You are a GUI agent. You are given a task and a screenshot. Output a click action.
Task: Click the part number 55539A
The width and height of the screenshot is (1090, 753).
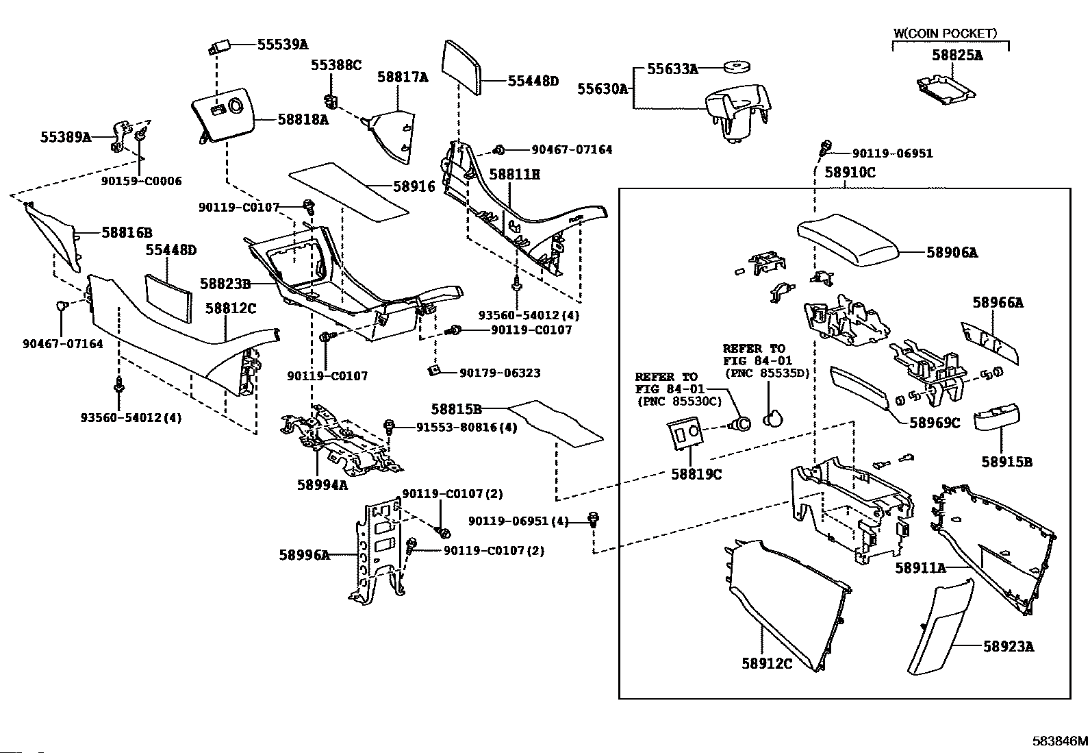click(282, 45)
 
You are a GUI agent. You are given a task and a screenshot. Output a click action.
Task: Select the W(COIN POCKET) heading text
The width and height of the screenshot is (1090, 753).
click(945, 33)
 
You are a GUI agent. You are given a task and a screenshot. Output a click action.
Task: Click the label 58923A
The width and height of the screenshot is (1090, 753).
click(1009, 645)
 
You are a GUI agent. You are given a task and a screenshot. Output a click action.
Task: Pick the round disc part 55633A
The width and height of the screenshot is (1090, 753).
click(737, 67)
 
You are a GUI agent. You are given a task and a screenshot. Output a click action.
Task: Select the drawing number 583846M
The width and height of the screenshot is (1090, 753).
click(1060, 741)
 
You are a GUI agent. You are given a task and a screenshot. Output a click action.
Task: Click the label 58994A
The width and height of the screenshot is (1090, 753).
click(322, 484)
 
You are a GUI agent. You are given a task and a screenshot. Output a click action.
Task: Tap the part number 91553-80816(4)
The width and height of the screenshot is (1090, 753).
click(466, 427)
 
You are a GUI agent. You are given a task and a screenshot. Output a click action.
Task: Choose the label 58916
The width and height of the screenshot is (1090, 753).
click(414, 186)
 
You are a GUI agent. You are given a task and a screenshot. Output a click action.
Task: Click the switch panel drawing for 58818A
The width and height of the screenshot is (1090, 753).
click(224, 119)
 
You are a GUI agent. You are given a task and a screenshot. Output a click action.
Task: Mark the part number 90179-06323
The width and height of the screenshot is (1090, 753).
click(499, 373)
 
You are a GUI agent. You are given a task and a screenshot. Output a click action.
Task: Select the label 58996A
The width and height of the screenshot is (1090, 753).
click(304, 554)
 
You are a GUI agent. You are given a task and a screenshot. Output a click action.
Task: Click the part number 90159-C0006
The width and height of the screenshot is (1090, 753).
click(141, 181)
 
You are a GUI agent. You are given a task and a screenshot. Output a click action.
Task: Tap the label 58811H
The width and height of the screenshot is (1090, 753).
click(514, 175)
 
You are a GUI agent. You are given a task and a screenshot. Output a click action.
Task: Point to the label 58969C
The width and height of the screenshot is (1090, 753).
click(934, 423)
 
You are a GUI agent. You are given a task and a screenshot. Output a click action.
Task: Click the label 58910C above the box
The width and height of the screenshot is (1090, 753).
click(850, 172)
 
